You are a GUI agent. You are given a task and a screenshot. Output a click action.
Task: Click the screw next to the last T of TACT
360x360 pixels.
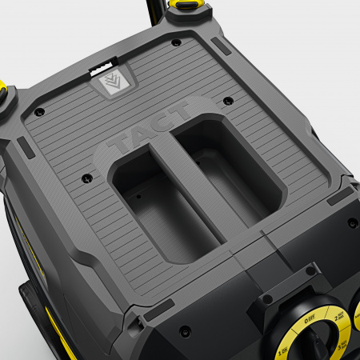228,102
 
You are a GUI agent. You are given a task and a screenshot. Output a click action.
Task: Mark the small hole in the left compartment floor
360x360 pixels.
138,195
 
